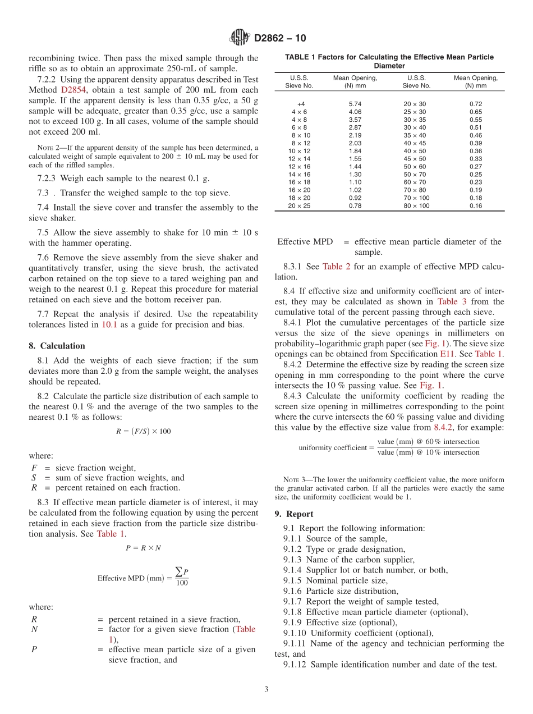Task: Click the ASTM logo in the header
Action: pos(239,38)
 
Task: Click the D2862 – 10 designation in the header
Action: pos(280,38)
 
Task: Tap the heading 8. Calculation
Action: pos(57,346)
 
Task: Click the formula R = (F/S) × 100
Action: pos(143,431)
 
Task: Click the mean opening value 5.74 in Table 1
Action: pos(355,104)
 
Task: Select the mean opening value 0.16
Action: pos(475,206)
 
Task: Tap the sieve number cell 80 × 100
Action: pos(416,206)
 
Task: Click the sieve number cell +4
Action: pos(301,104)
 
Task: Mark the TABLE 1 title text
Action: pos(389,61)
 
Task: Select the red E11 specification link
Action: pos(447,354)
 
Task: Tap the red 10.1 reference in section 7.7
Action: pos(109,324)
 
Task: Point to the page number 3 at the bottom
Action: pos(266,690)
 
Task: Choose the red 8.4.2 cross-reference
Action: pos(445,427)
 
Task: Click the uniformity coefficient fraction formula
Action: pos(389,447)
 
